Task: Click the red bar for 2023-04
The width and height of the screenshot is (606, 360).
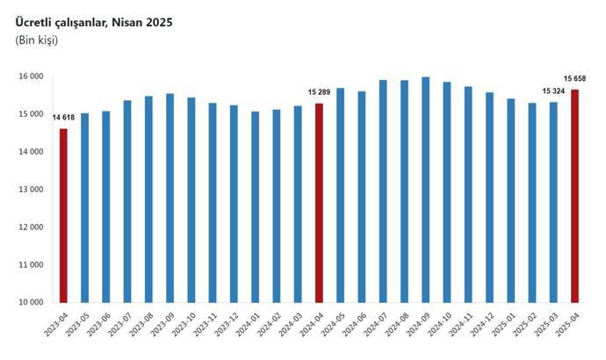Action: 63,215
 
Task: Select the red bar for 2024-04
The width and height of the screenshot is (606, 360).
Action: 320,203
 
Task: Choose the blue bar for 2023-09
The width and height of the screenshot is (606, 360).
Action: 170,198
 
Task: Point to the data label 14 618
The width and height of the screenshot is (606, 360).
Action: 63,118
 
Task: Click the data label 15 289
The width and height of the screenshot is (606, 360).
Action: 320,92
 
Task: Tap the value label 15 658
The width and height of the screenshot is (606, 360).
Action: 574,79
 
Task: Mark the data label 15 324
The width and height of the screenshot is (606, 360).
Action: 552,91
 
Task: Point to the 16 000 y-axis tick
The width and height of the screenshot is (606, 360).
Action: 31,77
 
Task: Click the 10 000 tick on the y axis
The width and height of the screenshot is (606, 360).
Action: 31,303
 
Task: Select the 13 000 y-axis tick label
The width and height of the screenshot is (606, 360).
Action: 31,190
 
